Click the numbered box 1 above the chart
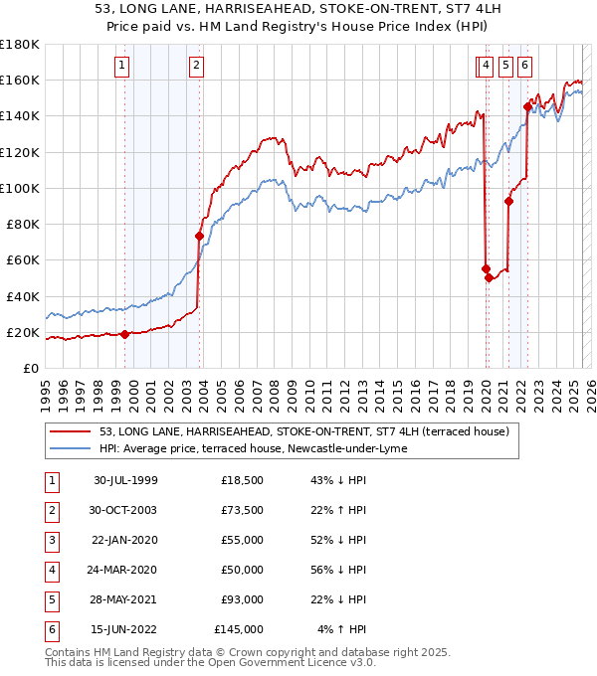121,67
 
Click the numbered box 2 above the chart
196,67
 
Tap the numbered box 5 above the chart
505,67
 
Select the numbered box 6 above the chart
524,67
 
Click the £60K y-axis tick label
24,259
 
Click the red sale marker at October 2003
199,237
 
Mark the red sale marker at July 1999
125,335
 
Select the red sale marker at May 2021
508,201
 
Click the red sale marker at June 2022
526,107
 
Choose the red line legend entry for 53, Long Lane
304,431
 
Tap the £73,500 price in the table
243,510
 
